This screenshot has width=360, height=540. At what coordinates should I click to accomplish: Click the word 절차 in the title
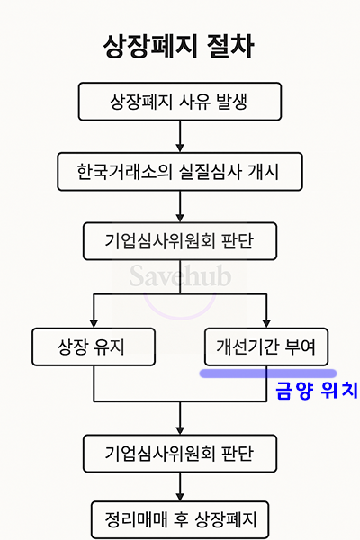[230, 46]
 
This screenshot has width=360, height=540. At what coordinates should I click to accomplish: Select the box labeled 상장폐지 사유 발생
[180, 102]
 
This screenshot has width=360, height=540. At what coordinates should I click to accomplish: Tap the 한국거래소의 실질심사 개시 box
[180, 172]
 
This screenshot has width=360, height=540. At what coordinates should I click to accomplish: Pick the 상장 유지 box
[94, 346]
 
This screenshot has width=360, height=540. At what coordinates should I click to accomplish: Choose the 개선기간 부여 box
[266, 346]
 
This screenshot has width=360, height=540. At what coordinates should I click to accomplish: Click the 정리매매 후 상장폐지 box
[180, 519]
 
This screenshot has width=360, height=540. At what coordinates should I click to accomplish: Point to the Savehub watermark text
[180, 275]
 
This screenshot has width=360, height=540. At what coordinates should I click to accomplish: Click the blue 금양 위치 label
[317, 391]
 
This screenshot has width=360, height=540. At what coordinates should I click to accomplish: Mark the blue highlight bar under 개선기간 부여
[268, 373]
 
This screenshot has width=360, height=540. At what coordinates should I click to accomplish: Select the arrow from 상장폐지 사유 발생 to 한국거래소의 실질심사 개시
[180, 137]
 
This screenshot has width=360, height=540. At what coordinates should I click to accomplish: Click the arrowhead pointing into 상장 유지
[94, 323]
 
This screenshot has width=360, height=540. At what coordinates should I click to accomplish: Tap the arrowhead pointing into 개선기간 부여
[266, 323]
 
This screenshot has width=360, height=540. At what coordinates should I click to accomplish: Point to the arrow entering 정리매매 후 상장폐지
[180, 487]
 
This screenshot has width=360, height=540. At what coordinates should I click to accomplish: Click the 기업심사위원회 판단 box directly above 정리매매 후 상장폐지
[180, 454]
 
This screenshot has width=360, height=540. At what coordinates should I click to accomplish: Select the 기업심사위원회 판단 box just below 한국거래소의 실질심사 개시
[180, 241]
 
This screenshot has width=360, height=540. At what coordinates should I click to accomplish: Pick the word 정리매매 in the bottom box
[136, 519]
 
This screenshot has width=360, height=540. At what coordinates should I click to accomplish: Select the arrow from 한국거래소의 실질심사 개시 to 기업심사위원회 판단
[180, 206]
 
